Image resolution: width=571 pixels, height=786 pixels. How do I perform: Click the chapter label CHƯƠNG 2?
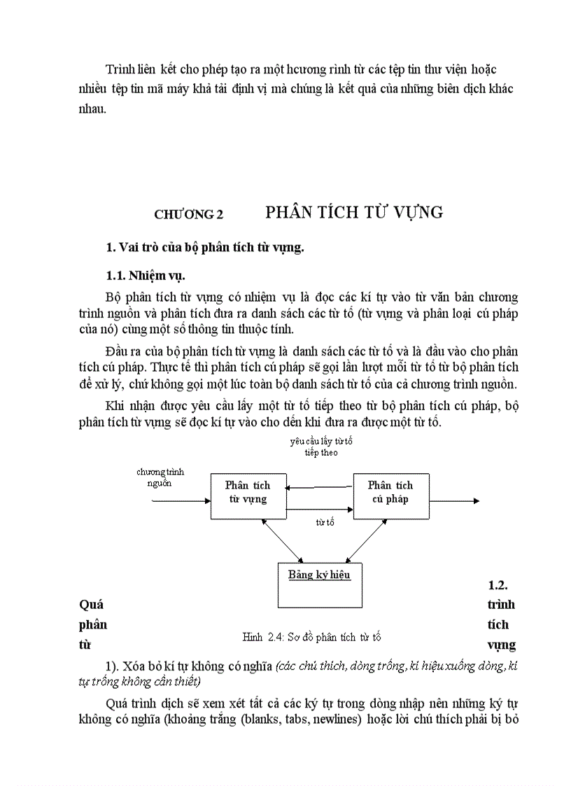(x=188, y=216)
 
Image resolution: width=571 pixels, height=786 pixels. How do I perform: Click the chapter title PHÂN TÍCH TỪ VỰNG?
(x=354, y=213)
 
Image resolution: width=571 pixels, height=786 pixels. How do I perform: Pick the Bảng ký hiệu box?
(x=319, y=584)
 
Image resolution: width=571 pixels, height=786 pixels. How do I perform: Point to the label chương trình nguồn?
(x=160, y=477)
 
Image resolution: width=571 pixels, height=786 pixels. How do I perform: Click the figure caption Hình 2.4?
(x=311, y=637)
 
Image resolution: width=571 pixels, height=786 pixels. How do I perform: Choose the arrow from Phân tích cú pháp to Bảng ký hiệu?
(x=357, y=540)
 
